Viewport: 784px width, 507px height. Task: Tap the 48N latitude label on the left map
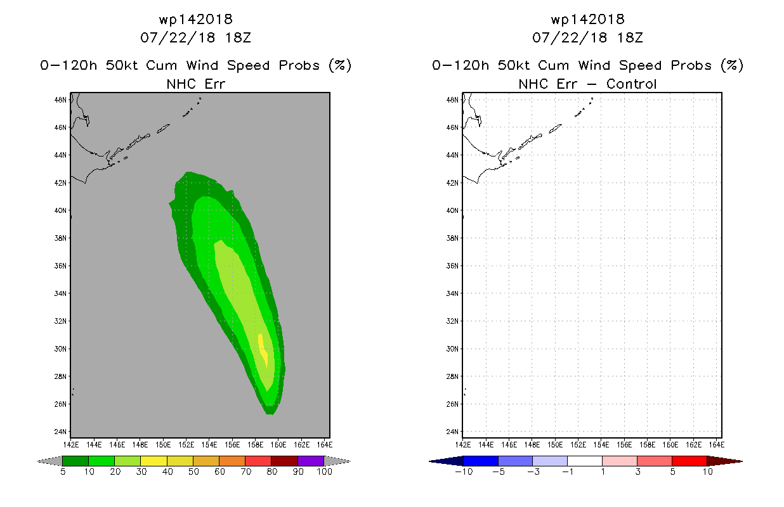(x=60, y=100)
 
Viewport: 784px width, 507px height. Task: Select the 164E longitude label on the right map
(x=717, y=445)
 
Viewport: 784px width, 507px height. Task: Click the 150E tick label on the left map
(x=163, y=445)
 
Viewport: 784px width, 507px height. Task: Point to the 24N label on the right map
(x=452, y=432)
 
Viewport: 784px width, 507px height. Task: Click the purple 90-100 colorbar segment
(x=311, y=461)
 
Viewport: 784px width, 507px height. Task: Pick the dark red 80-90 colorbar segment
(x=285, y=461)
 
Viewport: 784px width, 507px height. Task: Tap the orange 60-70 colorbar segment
(x=232, y=461)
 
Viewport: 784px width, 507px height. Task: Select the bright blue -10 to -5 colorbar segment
(x=481, y=461)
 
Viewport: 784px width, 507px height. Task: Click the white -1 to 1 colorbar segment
(x=584, y=461)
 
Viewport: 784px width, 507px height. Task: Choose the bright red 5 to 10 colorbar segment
(x=689, y=461)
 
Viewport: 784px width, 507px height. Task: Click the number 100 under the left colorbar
(x=324, y=472)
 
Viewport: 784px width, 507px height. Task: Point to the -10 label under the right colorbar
(x=464, y=472)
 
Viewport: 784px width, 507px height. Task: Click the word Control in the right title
(x=631, y=84)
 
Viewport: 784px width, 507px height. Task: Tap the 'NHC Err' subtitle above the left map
(x=195, y=84)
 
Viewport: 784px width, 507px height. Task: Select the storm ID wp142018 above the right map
(x=587, y=19)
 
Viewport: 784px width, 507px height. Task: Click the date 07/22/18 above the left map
(x=178, y=37)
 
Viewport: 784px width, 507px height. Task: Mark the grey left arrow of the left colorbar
(x=49, y=461)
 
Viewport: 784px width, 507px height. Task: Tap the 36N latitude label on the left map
(x=60, y=266)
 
